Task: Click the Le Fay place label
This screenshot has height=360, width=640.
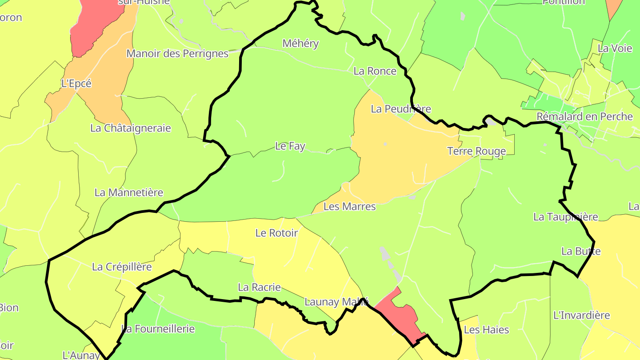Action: (x=290, y=146)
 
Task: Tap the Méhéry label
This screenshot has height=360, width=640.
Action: (x=301, y=43)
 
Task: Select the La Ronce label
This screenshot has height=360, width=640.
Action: (x=375, y=71)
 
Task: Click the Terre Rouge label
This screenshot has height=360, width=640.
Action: (x=476, y=151)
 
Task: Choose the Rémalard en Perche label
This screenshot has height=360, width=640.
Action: (x=584, y=116)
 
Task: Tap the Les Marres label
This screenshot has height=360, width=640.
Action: (x=349, y=206)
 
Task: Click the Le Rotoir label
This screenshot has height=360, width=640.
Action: (x=276, y=232)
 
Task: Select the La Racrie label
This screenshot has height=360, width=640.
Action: (x=260, y=287)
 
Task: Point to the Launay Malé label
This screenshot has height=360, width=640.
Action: (x=336, y=302)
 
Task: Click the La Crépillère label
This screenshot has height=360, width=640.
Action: (x=122, y=267)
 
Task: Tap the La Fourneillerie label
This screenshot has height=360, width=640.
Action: (x=158, y=329)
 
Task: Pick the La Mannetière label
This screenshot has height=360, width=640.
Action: (x=129, y=192)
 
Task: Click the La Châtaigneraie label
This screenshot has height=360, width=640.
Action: (x=131, y=128)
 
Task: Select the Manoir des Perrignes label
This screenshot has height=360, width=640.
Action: (x=177, y=54)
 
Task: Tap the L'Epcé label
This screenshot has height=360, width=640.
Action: (x=76, y=83)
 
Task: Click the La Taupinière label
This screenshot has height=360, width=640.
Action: (x=565, y=217)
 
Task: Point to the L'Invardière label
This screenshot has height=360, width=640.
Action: (x=582, y=315)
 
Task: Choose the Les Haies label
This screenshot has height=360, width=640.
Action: (x=486, y=330)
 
